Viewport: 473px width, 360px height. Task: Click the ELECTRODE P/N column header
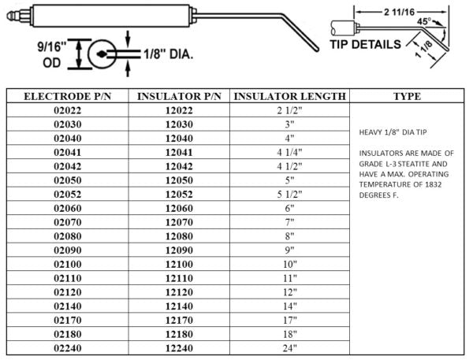[68, 96]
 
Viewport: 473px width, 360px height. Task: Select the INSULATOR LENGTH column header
[289, 96]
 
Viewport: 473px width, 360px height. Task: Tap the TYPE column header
[407, 96]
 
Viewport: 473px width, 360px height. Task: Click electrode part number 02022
[68, 110]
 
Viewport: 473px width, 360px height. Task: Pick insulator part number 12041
[179, 152]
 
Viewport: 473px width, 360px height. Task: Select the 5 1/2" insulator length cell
[289, 194]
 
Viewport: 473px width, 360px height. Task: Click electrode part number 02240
[68, 348]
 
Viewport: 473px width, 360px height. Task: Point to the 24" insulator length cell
[289, 348]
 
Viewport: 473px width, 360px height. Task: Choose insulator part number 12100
[179, 264]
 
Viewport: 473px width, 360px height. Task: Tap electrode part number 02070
[68, 222]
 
